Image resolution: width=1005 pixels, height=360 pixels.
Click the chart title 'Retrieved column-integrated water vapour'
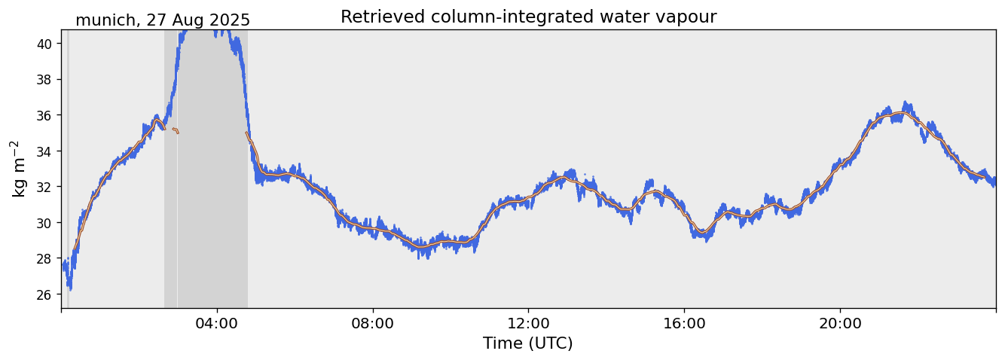point(528,17)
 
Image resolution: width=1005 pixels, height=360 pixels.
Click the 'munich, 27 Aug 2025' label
point(163,20)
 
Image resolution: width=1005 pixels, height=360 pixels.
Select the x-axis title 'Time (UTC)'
point(528,343)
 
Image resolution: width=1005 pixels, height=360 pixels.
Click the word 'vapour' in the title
point(687,17)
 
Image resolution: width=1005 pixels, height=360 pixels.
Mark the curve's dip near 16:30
point(704,233)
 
